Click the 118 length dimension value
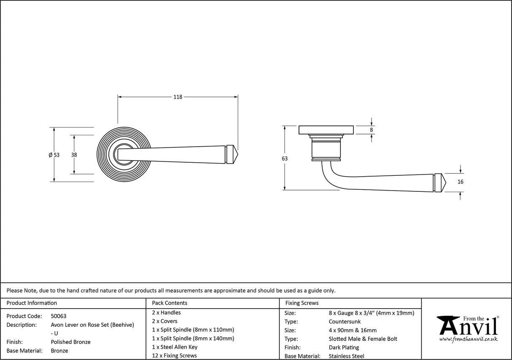(178, 97)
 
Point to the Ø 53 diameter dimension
(54, 155)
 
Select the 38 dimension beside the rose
(74, 155)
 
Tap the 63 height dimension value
(285, 159)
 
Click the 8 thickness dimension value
(372, 130)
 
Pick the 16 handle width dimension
(460, 182)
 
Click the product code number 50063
(59, 316)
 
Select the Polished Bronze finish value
(70, 342)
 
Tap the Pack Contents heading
(170, 303)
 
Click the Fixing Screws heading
(302, 303)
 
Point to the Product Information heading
(32, 303)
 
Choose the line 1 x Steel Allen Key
(175, 347)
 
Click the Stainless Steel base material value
(347, 356)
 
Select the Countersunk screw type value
(345, 322)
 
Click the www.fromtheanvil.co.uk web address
(468, 339)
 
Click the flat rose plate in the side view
(326, 130)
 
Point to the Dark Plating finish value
(344, 347)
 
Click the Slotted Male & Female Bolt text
(363, 339)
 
